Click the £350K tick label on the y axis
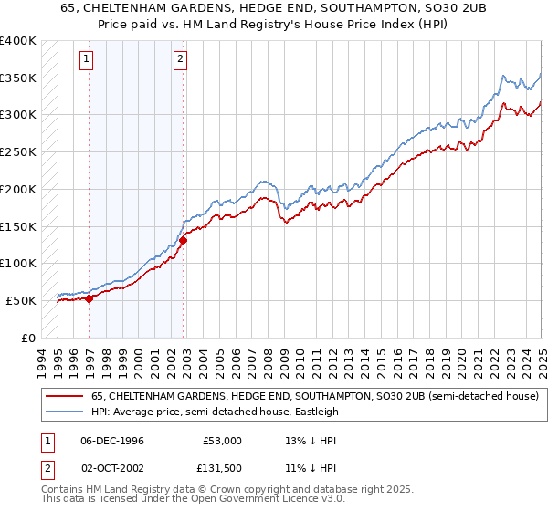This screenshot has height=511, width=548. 18,78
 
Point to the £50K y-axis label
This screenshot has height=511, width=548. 22,300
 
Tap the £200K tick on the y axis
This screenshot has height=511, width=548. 18,190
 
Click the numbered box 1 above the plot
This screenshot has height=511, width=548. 86,60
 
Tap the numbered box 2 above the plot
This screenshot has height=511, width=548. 181,60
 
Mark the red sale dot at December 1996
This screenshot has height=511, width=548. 90,297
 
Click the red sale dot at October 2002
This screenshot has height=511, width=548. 184,240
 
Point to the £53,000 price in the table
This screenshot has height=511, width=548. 221,440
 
